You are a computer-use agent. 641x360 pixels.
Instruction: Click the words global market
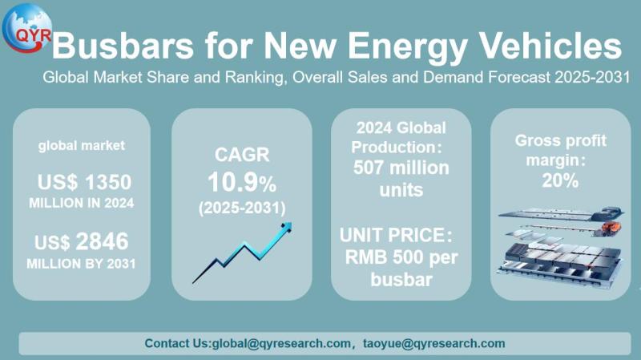[81, 146]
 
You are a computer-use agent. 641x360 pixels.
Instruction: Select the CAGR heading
[241, 155]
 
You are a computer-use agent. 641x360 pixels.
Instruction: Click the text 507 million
[401, 168]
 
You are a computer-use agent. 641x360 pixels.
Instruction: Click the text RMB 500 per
[401, 258]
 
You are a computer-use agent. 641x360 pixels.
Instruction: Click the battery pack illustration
[560, 249]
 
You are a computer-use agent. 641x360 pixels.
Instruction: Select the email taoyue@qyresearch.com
[436, 343]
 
